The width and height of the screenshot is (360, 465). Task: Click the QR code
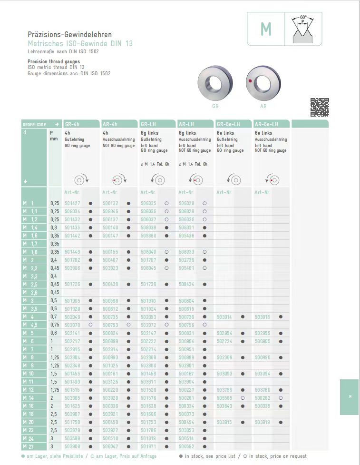(x=320, y=107)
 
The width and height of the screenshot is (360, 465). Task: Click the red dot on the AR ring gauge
(x=250, y=82)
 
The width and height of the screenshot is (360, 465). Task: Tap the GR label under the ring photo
(x=215, y=106)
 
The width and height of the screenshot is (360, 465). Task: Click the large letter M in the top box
(x=266, y=30)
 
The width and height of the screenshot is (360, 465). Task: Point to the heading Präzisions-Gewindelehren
(x=69, y=35)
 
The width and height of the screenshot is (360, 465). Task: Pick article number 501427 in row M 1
(x=72, y=203)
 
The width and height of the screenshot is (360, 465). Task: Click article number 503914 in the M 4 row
(x=224, y=317)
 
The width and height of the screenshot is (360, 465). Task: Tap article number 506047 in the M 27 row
(x=110, y=446)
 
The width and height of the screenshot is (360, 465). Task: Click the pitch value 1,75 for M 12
(x=55, y=390)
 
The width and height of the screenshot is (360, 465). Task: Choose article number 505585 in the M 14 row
(x=224, y=398)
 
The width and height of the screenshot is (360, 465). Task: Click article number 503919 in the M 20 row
(x=263, y=422)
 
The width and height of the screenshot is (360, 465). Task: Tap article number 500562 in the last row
(x=186, y=446)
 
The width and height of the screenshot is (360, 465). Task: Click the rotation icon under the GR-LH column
(x=158, y=180)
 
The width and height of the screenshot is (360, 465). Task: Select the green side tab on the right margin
(x=350, y=397)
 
